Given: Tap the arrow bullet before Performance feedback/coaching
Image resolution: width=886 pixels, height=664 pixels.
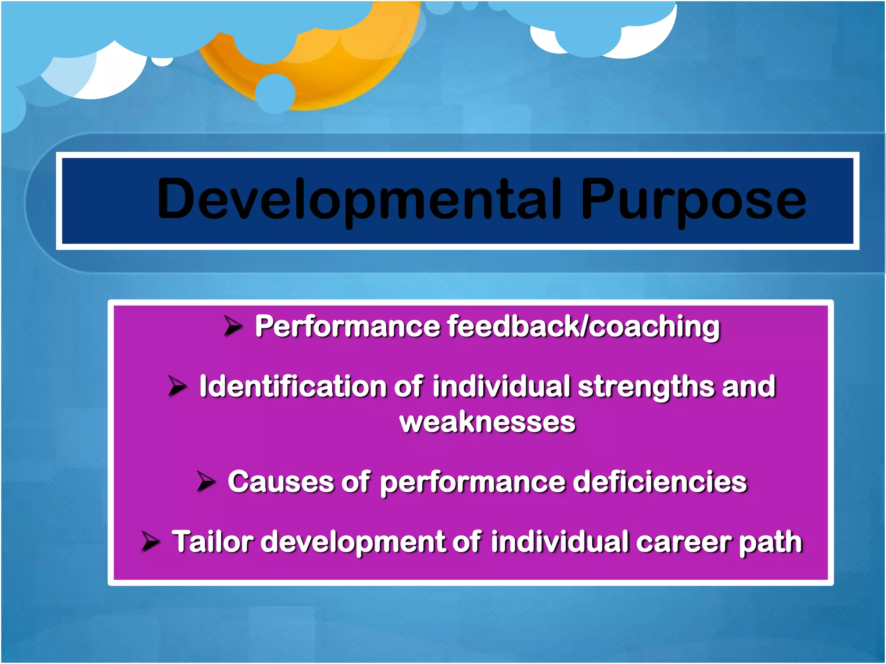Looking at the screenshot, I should [233, 326].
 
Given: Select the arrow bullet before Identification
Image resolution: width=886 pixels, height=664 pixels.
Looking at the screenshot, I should [177, 386].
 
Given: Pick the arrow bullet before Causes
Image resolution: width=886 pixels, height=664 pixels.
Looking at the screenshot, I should [206, 481].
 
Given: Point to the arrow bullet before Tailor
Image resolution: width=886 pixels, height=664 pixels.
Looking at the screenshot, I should [151, 541].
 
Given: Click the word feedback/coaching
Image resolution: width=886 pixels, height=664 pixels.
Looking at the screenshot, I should [583, 326].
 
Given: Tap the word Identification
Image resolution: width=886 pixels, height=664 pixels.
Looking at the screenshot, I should [292, 386].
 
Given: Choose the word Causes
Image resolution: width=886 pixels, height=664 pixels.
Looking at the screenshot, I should [280, 482].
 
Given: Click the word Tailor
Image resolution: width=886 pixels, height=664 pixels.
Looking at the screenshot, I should [212, 541].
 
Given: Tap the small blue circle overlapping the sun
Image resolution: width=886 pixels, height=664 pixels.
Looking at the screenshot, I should [275, 93].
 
